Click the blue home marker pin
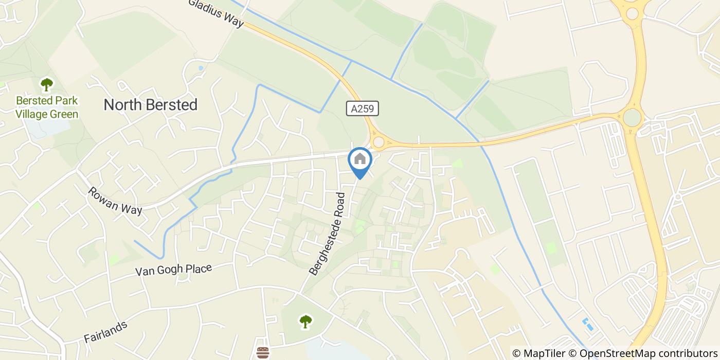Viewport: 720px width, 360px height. tap(360, 160)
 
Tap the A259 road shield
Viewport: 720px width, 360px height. tap(363, 109)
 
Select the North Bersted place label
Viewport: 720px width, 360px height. tap(151, 105)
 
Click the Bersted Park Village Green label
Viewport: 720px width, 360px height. tap(47, 107)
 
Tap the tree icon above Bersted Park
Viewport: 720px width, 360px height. tap(47, 84)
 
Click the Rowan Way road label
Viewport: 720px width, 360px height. tap(114, 201)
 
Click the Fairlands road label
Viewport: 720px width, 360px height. tap(105, 332)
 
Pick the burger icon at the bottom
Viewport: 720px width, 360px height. tap(263, 353)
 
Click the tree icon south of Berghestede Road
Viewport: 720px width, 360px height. tap(305, 322)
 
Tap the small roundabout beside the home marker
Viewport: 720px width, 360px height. tap(379, 142)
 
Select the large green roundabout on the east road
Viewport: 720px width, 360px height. tap(632, 118)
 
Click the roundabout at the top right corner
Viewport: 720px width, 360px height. tap(632, 12)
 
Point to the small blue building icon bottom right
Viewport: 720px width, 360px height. tap(586, 324)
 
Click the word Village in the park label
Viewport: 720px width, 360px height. tap(31, 114)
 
